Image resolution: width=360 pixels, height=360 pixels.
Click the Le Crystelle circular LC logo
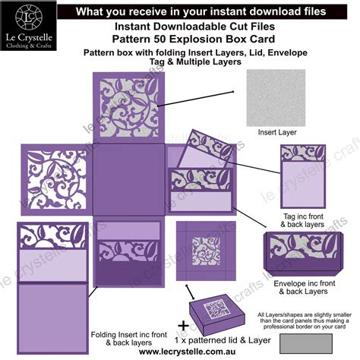[x=27, y=16]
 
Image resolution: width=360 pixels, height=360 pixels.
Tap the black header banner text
[x=201, y=12]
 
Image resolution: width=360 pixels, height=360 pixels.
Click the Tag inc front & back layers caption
[x=303, y=220]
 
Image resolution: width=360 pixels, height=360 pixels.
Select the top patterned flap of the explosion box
[x=128, y=106]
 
